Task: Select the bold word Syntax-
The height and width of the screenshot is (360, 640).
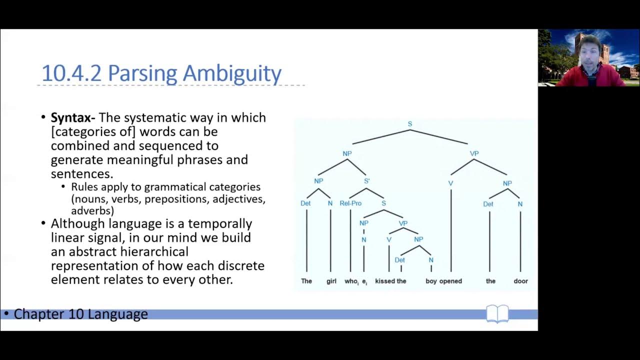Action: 73,118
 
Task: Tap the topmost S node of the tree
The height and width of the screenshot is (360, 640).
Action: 410,124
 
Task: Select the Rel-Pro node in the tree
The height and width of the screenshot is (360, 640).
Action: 350,203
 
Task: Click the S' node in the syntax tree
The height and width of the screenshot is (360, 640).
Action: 366,181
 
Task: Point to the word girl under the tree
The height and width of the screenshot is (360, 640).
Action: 331,281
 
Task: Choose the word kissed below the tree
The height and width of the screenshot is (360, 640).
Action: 385,281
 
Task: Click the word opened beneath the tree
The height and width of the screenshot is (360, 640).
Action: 450,281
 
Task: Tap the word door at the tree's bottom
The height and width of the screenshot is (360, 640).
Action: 520,281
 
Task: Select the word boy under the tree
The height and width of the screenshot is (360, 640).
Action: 431,281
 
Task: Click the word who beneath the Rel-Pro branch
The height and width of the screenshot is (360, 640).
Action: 351,281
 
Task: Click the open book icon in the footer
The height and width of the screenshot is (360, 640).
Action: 497,314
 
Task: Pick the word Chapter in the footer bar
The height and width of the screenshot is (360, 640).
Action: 37,314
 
